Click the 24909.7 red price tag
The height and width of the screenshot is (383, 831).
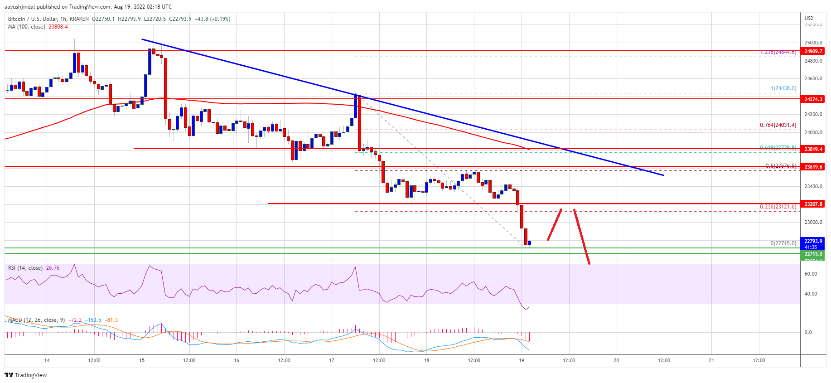click(813, 51)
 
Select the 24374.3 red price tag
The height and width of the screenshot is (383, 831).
click(813, 99)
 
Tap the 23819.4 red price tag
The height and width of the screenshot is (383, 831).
click(813, 149)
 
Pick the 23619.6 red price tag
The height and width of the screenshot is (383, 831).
click(813, 166)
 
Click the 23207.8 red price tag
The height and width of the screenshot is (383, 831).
click(813, 204)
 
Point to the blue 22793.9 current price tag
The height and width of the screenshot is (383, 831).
click(813, 241)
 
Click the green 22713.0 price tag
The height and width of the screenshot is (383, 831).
click(813, 254)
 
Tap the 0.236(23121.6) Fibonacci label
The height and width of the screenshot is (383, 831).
click(778, 207)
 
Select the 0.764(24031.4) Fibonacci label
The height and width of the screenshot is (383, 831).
click(778, 125)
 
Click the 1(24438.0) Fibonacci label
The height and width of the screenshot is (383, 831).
click(783, 88)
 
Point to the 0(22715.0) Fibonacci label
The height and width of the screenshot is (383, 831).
click(783, 243)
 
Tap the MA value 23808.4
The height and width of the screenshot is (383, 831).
click(58, 27)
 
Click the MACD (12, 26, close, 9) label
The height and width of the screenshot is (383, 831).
click(36, 320)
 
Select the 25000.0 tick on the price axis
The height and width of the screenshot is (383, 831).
click(813, 43)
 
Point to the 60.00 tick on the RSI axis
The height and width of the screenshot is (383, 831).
click(811, 274)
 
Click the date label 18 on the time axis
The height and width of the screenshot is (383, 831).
click(426, 361)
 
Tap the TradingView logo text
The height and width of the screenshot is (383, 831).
click(30, 375)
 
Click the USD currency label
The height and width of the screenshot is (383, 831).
click(809, 18)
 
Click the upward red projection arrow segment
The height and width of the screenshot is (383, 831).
click(555, 224)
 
